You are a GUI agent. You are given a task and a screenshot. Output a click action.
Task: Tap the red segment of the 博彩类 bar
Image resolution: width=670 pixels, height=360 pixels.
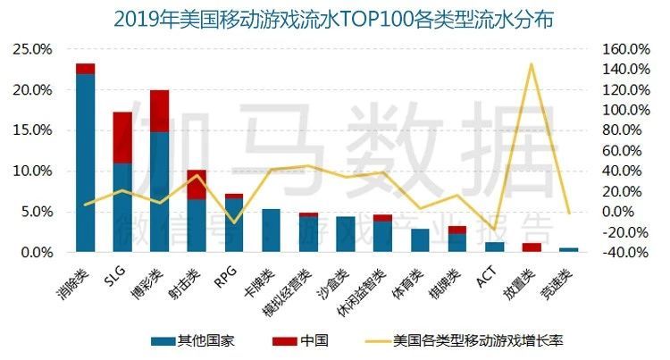(x=160, y=111)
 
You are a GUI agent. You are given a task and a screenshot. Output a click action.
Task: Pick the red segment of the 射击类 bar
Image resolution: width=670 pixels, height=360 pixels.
(x=197, y=184)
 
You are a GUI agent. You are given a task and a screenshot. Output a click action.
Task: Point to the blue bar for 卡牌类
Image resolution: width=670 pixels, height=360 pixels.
(x=271, y=230)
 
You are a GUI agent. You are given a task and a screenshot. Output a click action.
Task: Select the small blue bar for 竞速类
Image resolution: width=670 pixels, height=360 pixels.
(x=568, y=250)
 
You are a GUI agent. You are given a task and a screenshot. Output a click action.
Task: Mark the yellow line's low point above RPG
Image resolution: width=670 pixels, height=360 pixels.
(x=233, y=222)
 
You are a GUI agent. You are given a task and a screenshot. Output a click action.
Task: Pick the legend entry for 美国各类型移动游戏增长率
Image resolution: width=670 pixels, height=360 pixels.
(x=477, y=340)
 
